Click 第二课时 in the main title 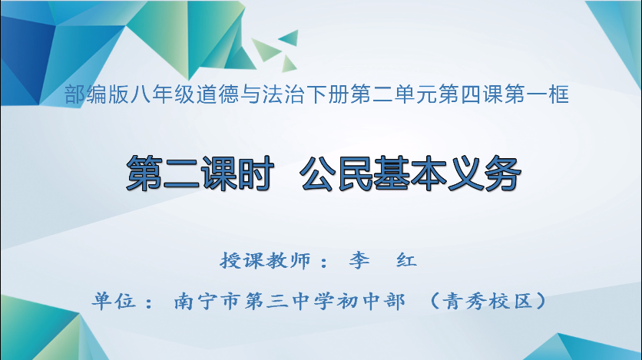(x=200, y=173)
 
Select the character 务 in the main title (x=502, y=173)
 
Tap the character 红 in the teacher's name (x=405, y=261)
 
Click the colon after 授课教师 (x=323, y=263)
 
